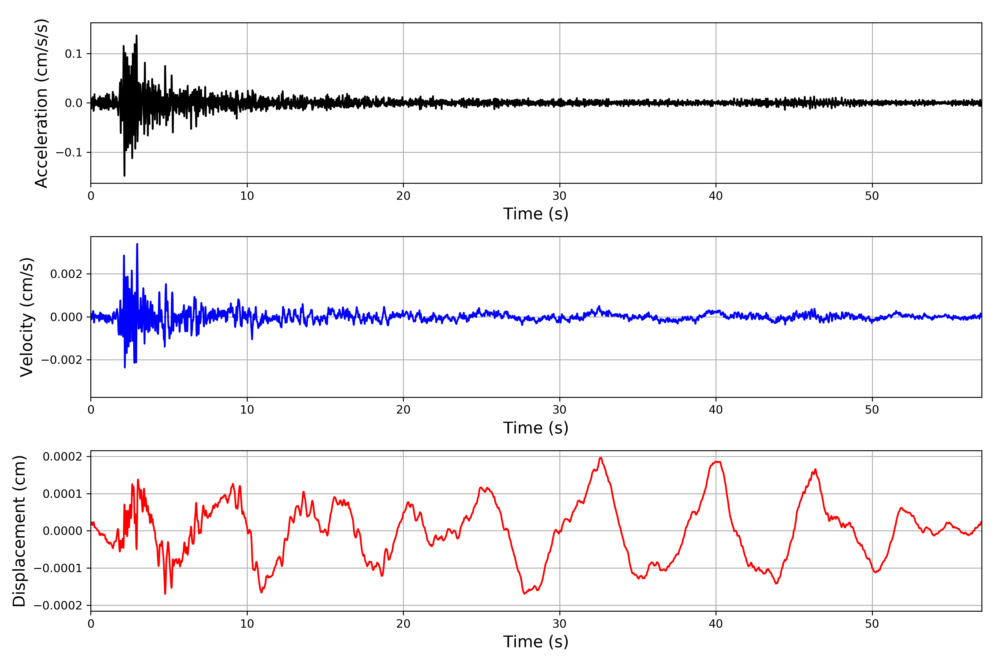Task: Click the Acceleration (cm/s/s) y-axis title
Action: click(x=41, y=103)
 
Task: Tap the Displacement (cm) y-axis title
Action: click(x=19, y=531)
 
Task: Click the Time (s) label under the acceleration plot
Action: click(x=536, y=214)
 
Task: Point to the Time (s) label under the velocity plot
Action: click(x=536, y=428)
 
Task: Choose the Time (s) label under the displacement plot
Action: click(x=536, y=642)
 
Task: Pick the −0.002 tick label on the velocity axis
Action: click(x=62, y=360)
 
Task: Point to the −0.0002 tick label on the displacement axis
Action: click(x=58, y=606)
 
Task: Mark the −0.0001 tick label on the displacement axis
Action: click(x=58, y=568)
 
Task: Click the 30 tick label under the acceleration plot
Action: click(x=559, y=196)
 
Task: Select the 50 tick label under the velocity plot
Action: click(x=872, y=410)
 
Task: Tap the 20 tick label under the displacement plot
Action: click(x=403, y=624)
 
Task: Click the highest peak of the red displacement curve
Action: click(x=600, y=458)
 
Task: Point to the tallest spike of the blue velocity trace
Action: click(x=137, y=244)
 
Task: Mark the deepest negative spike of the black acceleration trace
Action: click(x=124, y=175)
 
